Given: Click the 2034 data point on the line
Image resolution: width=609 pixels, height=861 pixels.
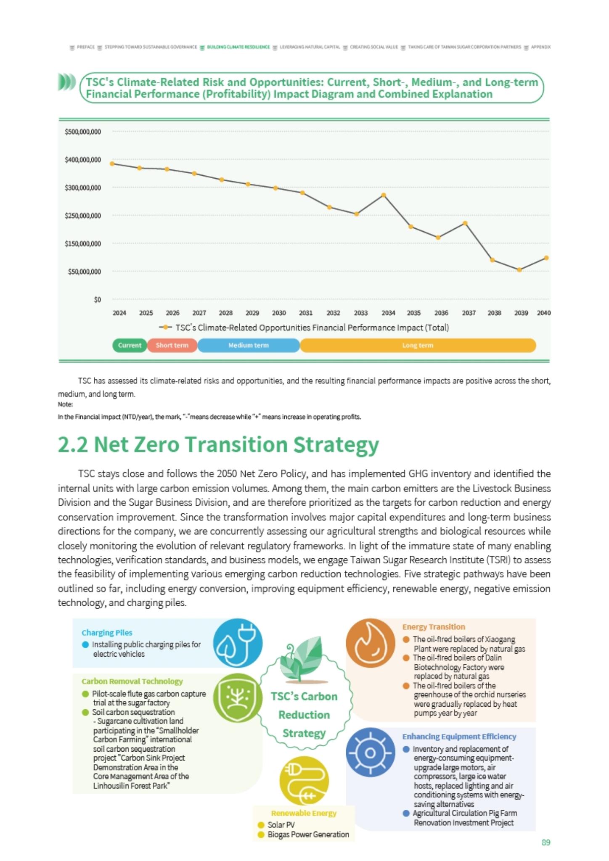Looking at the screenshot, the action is pyautogui.click(x=384, y=195).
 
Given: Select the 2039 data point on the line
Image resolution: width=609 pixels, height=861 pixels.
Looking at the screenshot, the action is pyautogui.click(x=519, y=270).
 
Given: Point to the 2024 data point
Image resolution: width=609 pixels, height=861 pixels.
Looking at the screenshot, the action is pyautogui.click(x=112, y=164).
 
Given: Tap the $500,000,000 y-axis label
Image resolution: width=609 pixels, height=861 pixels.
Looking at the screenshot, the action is pyautogui.click(x=83, y=132).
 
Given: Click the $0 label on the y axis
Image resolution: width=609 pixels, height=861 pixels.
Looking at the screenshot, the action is pyautogui.click(x=98, y=300).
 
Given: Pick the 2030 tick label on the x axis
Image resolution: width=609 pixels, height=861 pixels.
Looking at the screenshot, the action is pyautogui.click(x=279, y=313).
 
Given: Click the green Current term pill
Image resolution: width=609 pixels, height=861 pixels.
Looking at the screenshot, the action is pyautogui.click(x=130, y=345).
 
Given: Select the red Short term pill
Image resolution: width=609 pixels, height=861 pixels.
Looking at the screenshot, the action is pyautogui.click(x=172, y=345).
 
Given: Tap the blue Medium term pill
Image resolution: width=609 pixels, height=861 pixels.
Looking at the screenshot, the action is pyautogui.click(x=249, y=345).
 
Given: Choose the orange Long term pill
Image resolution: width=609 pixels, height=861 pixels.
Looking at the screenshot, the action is pyautogui.click(x=418, y=345).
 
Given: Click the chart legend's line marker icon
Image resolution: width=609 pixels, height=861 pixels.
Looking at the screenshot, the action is pyautogui.click(x=166, y=327).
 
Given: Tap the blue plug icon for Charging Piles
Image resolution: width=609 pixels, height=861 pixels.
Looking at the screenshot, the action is pyautogui.click(x=238, y=643).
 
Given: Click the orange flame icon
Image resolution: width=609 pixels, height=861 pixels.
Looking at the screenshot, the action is pyautogui.click(x=371, y=643).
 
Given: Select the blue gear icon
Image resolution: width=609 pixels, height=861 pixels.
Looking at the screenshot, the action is pyautogui.click(x=371, y=752).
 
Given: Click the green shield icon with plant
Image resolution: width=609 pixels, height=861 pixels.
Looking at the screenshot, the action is pyautogui.click(x=238, y=697).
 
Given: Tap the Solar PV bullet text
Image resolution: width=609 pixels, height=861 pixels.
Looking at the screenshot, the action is pyautogui.click(x=281, y=825).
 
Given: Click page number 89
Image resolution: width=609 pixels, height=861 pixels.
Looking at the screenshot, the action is pyautogui.click(x=546, y=843).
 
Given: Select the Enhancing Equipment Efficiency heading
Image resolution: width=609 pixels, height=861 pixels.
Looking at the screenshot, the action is pyautogui.click(x=459, y=737).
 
